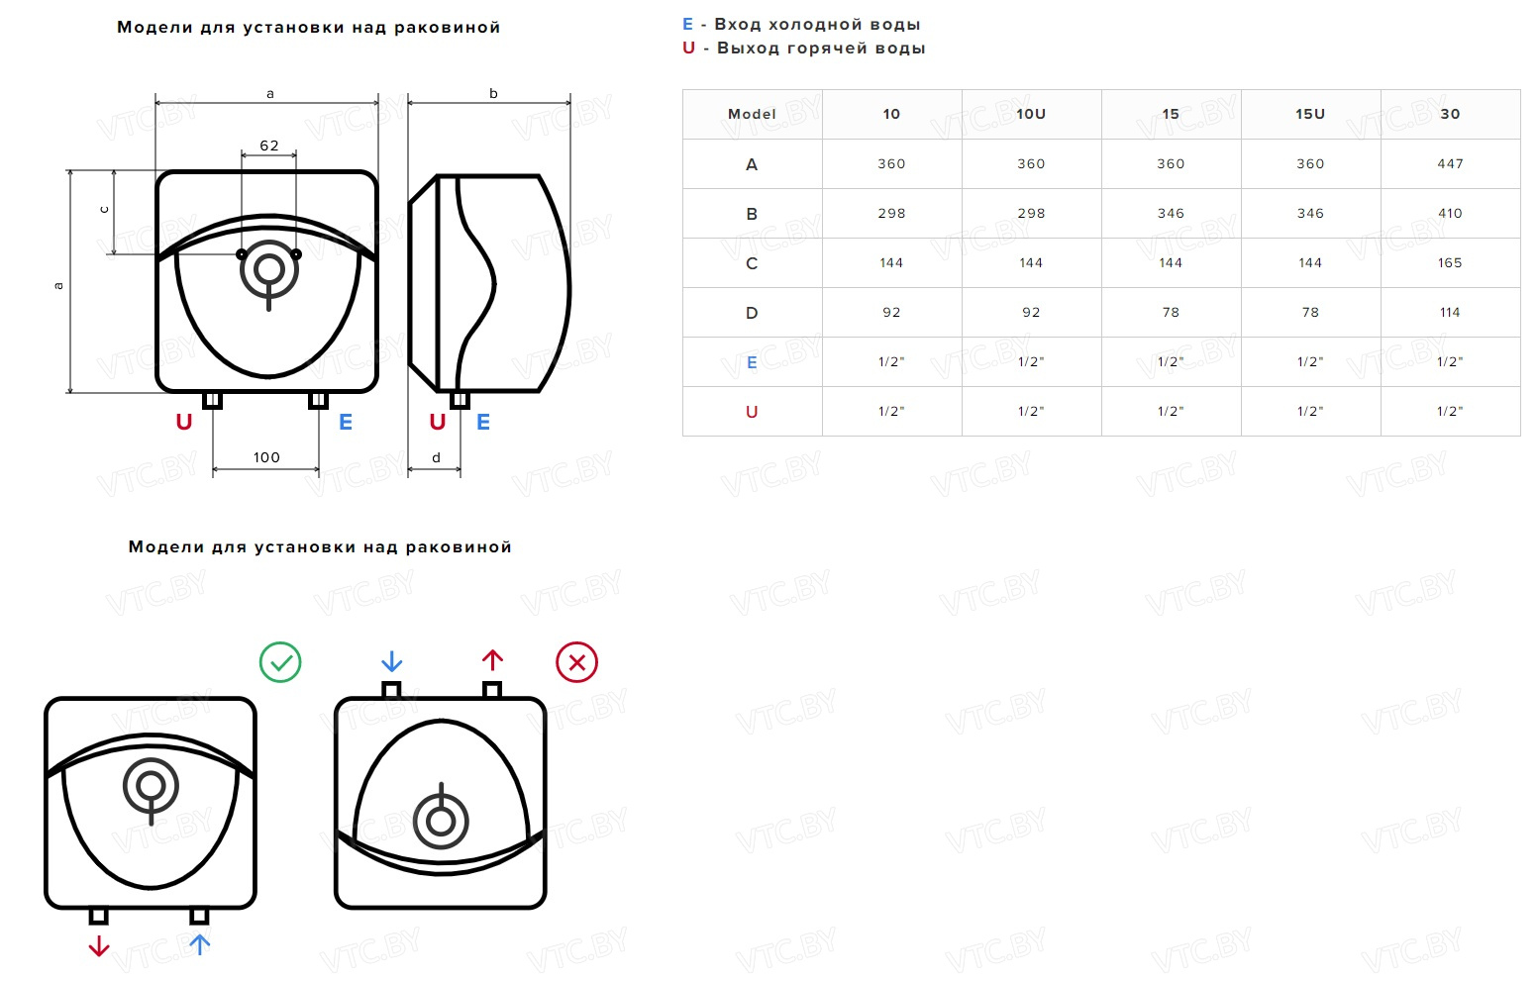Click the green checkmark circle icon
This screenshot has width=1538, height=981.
point(280,662)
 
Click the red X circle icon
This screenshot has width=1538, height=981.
point(576,662)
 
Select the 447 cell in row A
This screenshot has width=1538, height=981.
point(1450,164)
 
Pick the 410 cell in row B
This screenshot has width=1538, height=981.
point(1450,214)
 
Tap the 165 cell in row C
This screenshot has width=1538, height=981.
point(1450,263)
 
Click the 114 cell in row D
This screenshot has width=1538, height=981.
point(1450,313)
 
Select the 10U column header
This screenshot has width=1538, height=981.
point(1031,114)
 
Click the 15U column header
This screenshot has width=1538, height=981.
point(1310,114)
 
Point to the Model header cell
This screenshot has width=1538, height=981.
point(752,114)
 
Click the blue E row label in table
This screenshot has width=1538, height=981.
point(752,362)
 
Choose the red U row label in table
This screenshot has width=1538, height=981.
point(752,412)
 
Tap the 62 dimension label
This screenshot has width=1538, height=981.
point(269,146)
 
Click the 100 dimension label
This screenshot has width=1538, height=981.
point(266,457)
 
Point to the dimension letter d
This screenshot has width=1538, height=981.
point(436,457)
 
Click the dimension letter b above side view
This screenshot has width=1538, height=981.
point(493,93)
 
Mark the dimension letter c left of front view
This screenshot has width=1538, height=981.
point(104,210)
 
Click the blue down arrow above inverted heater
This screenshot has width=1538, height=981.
point(391,661)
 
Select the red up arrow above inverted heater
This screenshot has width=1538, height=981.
point(492,660)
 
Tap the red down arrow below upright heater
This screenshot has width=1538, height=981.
point(99,946)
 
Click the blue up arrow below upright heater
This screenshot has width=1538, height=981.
point(200,944)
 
